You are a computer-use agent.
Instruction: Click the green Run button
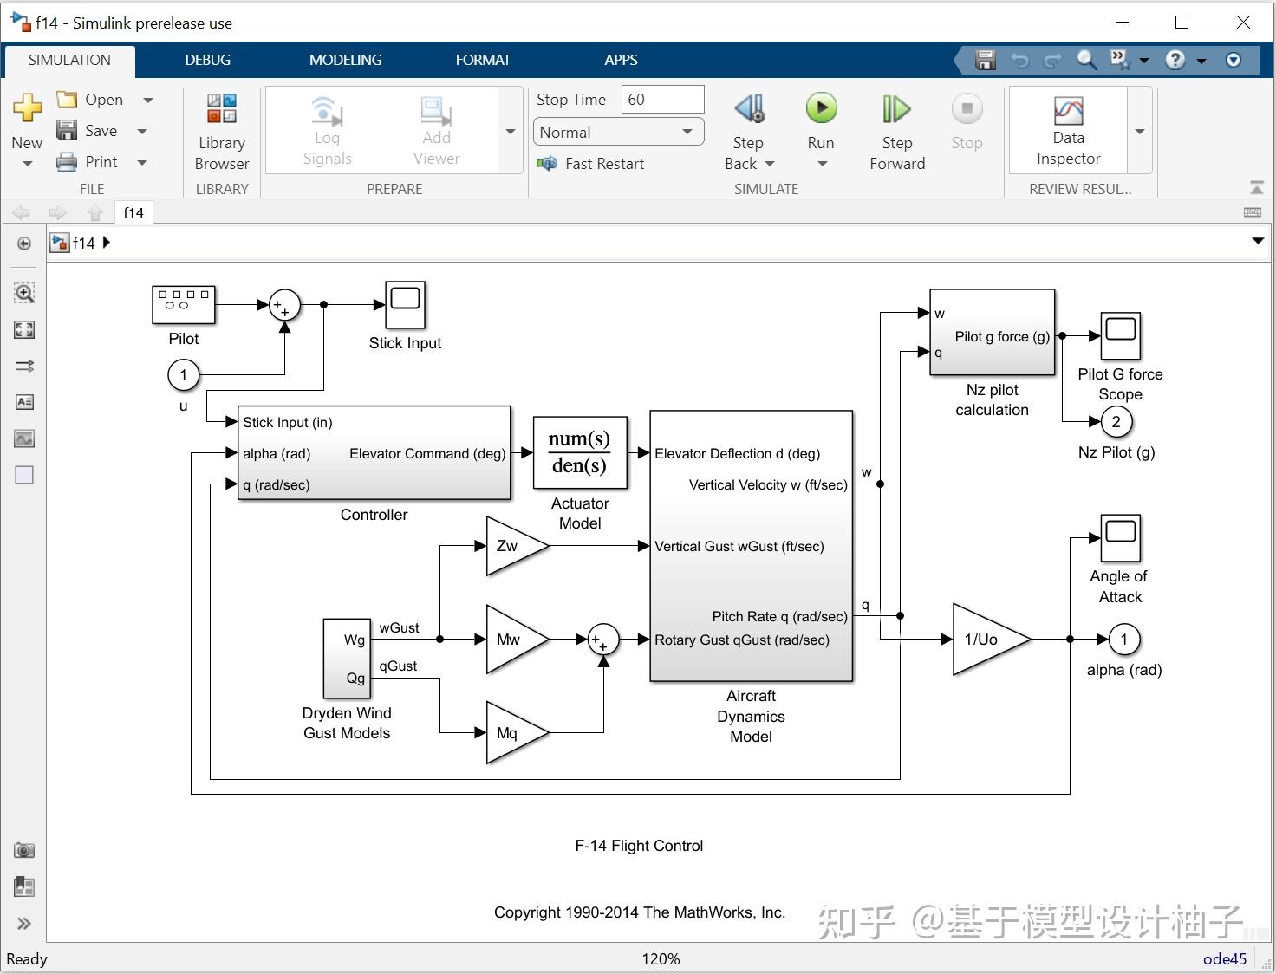pos(821,109)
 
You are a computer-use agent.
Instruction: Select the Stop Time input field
pos(662,100)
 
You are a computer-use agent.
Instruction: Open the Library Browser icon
pos(222,109)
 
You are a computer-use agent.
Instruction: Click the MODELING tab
pos(345,60)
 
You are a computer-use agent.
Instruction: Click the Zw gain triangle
pos(512,546)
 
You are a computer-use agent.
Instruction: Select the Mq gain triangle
pos(512,733)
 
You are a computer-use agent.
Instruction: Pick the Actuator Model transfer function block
pos(579,452)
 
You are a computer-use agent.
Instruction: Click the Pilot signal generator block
pos(183,304)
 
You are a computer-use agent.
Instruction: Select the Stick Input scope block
pos(405,304)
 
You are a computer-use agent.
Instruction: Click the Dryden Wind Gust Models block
pos(347,659)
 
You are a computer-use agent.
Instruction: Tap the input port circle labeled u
pos(183,375)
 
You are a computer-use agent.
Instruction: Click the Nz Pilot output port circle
pos(1116,422)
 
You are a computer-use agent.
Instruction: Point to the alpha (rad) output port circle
pos(1124,640)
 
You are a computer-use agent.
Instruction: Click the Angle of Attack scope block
pos(1120,538)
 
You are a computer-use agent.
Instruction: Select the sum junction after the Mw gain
pos(602,640)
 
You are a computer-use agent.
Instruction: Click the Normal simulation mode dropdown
pos(617,133)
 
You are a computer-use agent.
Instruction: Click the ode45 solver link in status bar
pos(1224,958)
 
